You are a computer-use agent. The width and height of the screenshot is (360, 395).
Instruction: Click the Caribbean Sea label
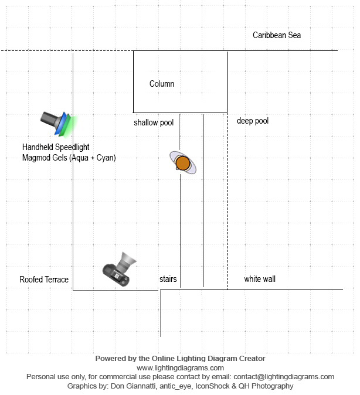pos(277,35)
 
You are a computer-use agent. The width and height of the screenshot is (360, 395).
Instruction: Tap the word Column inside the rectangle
pos(162,84)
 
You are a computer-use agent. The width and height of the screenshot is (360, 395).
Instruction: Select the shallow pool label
pos(154,122)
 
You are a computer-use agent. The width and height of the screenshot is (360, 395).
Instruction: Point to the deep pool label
pos(253,121)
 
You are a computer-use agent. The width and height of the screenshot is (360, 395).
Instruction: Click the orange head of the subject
pos(182,162)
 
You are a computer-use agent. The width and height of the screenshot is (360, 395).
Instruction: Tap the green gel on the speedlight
pos(71,124)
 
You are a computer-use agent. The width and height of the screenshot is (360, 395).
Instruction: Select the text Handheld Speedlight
pos(56,147)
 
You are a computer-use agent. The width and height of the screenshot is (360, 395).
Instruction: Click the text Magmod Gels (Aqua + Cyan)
pos(69,158)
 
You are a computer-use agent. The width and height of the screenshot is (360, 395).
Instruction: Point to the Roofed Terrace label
pos(44,280)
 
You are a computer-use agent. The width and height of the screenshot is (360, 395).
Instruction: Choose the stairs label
pos(168,279)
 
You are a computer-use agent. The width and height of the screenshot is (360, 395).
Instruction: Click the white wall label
pos(260,279)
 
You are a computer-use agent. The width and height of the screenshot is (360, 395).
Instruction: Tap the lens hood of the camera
pos(128,260)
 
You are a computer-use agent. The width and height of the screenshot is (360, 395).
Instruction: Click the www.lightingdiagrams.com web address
pos(180,367)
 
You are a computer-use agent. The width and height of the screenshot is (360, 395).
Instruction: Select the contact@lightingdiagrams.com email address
pos(279,377)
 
